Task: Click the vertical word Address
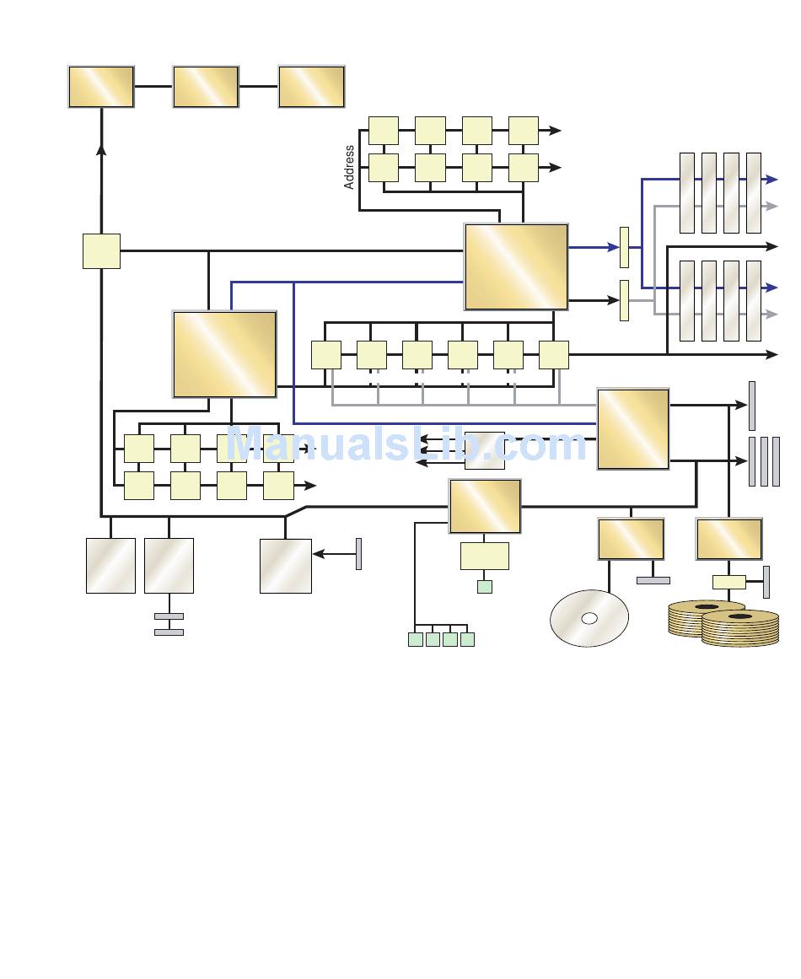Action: [349, 167]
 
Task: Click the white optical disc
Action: [589, 618]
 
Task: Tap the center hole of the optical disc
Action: [589, 618]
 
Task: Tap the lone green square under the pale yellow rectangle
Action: [484, 586]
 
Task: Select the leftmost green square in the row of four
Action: [415, 639]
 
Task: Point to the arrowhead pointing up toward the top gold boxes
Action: [101, 149]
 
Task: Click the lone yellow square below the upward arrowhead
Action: [101, 251]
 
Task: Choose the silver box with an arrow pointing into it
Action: [285, 566]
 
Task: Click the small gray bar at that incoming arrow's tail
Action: [358, 554]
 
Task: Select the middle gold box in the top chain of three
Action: [206, 87]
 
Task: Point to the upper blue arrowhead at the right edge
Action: [771, 180]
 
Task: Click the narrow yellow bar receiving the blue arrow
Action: [624, 247]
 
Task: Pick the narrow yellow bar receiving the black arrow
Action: [624, 300]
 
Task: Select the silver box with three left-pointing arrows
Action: [485, 450]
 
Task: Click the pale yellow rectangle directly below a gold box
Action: [485, 556]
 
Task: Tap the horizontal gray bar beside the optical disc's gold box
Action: [653, 580]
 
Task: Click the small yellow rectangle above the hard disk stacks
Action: [728, 582]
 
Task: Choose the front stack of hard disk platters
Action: [739, 629]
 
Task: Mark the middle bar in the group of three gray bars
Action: [764, 461]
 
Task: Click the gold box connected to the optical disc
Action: [631, 540]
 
